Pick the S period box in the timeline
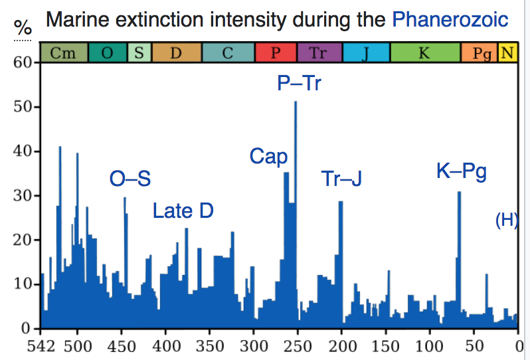139,52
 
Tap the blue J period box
366,52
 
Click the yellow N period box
508,52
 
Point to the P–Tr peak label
299,84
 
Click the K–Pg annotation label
462,172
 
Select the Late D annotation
183,211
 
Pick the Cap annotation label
268,157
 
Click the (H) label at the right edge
507,221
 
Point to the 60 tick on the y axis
23,63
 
